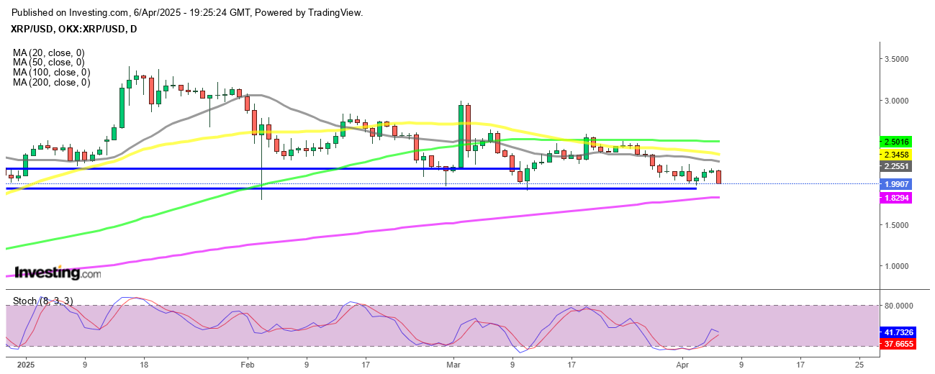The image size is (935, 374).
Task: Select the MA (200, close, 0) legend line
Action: tap(51, 83)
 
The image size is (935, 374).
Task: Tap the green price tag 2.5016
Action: tap(895, 141)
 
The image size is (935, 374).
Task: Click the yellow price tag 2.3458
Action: tap(895, 154)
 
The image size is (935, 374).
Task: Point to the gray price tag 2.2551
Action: tap(895, 165)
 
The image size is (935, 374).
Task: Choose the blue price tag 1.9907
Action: tap(895, 184)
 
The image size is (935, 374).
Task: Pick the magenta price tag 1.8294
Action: tap(895, 197)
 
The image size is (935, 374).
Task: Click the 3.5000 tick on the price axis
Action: tap(903, 59)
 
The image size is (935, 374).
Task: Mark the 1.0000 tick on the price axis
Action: tap(903, 266)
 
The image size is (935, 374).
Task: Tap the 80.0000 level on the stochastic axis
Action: tap(905, 306)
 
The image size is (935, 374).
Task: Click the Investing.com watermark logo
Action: tap(58, 273)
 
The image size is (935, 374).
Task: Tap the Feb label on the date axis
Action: tap(247, 365)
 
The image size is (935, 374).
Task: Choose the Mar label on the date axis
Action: tap(453, 365)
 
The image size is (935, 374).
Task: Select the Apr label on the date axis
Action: tap(682, 365)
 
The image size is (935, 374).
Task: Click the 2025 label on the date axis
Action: tap(25, 365)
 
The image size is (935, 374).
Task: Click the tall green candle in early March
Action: tap(461, 137)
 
